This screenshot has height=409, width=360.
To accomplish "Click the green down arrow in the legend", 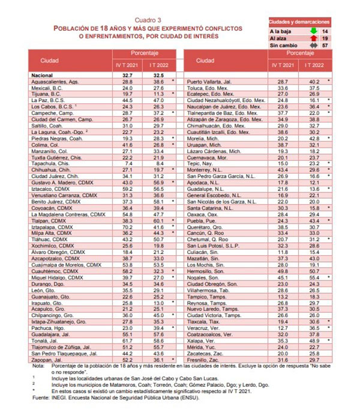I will (313, 30).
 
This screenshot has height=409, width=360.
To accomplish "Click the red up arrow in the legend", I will (313, 37).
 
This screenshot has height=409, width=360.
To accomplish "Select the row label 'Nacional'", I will (44, 75).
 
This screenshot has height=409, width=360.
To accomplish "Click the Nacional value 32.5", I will (158, 75).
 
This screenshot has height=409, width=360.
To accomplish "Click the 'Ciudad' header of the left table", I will (50, 61).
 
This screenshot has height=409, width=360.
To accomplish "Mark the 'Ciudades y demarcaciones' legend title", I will (298, 21).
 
